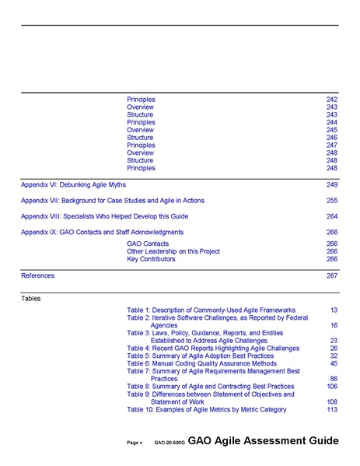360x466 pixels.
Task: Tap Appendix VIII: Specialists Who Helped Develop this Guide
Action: [x=104, y=216]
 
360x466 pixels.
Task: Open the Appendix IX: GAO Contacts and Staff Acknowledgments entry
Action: [x=102, y=232]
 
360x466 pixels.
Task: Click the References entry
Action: [x=37, y=275]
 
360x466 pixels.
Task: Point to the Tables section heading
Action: [x=31, y=298]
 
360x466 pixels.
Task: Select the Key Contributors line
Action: [x=151, y=259]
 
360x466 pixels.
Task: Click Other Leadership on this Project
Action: [x=173, y=251]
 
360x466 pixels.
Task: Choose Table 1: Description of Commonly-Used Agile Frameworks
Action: [x=211, y=310]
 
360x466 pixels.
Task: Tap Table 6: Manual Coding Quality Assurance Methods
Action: [x=201, y=363]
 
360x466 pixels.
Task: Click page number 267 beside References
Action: [x=332, y=275]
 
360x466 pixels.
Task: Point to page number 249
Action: [x=332, y=185]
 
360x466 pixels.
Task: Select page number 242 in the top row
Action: [x=332, y=100]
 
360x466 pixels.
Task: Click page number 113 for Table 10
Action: [x=332, y=409]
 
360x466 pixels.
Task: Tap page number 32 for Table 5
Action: [x=334, y=356]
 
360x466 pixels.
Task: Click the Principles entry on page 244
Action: [x=141, y=122]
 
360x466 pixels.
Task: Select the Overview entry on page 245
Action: [x=140, y=130]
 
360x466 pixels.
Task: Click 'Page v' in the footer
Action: [x=135, y=443]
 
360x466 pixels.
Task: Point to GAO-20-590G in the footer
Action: [x=169, y=443]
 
